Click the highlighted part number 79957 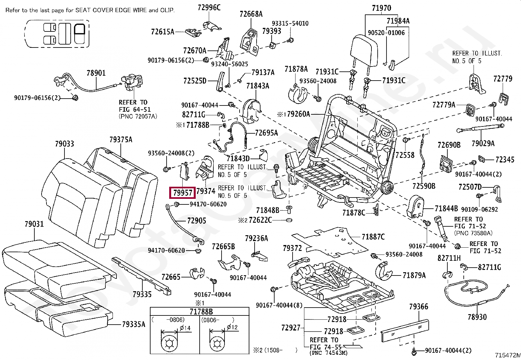click(183, 193)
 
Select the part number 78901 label click(96, 73)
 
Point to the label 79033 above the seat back click(64, 144)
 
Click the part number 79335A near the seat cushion click(134, 324)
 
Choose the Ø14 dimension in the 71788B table click(185, 328)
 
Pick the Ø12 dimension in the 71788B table click(232, 327)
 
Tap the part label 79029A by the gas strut click(483, 143)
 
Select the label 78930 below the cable click(477, 317)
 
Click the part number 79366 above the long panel click(419, 307)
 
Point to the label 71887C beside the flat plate click(373, 237)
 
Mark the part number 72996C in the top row click(209, 8)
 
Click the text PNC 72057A click(138, 116)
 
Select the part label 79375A click(121, 140)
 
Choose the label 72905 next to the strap click(197, 220)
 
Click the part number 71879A click(414, 275)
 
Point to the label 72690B click(449, 145)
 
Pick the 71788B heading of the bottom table click(201, 312)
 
